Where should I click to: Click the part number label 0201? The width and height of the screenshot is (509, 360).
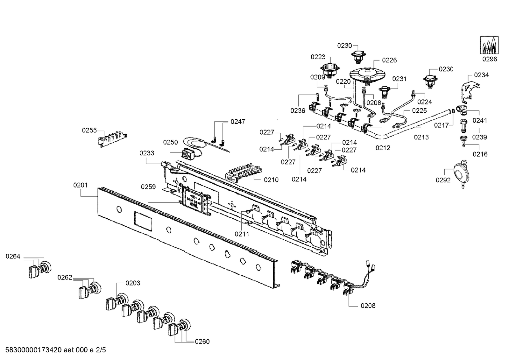coord(80,185)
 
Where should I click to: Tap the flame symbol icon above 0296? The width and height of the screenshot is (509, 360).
coord(489,46)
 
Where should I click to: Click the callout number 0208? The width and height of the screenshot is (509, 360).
coord(368,306)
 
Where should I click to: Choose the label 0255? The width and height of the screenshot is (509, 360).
coord(89,130)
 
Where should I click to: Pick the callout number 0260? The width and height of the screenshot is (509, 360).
coord(202,342)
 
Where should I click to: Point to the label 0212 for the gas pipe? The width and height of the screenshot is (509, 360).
coord(383,148)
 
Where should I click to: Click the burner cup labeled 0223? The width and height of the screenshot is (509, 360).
coord(330,70)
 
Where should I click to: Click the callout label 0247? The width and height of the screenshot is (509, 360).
coord(238,121)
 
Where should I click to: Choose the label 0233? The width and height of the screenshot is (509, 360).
coord(147,153)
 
